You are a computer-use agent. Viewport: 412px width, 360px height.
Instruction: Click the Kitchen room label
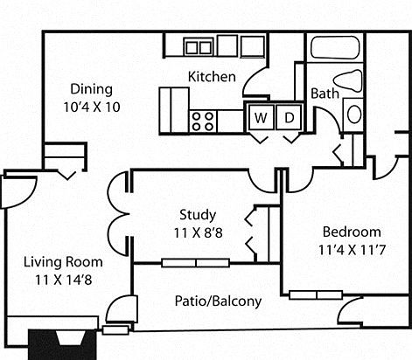[x=212, y=77]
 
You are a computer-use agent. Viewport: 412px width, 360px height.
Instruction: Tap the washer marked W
[x=261, y=117]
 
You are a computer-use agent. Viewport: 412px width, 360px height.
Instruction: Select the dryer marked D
[x=289, y=117]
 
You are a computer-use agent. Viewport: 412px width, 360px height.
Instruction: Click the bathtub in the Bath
[x=335, y=47]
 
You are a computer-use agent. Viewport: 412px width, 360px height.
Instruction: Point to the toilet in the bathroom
[x=347, y=81]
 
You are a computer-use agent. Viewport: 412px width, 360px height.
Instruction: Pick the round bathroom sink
[x=354, y=114]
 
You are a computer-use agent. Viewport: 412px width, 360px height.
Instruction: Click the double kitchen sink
[x=199, y=47]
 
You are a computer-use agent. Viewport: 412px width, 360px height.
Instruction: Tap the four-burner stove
[x=203, y=121]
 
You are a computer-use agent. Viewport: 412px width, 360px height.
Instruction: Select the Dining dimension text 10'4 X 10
[x=92, y=107]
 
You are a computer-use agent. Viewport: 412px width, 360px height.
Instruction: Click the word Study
[x=198, y=215]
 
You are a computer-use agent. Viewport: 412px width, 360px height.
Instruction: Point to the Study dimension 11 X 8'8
[x=199, y=232]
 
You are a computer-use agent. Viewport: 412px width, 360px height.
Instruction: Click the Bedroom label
[x=352, y=232]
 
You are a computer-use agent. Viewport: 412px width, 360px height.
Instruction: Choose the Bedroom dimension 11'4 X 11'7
[x=352, y=250]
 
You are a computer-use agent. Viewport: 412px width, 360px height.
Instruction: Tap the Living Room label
[x=63, y=262]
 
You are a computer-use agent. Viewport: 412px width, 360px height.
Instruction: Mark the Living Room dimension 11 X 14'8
[x=64, y=280]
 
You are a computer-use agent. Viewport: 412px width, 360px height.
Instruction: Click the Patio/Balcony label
[x=218, y=301]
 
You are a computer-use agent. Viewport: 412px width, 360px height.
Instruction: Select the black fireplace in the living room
[x=62, y=344]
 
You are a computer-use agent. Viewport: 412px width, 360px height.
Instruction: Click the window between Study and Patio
[x=196, y=263]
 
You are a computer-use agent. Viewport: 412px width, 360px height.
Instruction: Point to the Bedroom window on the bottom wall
[x=316, y=294]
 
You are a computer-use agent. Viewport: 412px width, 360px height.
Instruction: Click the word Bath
[x=325, y=93]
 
